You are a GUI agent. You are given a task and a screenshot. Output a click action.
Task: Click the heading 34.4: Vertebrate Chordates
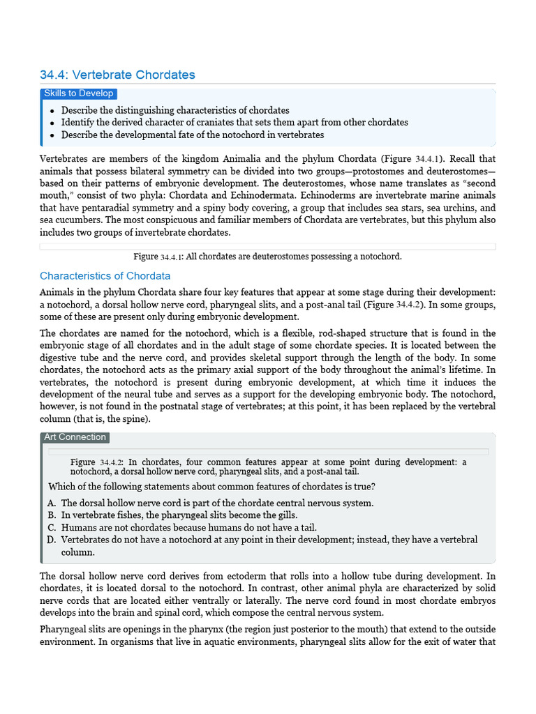coord(117,75)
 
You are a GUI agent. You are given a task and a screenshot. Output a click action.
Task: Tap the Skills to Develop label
coord(78,93)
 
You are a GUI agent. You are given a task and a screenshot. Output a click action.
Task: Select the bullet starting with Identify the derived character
coord(234,122)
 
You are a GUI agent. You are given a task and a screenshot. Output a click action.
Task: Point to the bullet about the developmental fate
coord(193,135)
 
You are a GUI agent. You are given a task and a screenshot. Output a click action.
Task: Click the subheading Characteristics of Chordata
coord(105,275)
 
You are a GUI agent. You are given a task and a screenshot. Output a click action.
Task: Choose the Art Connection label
coord(75,437)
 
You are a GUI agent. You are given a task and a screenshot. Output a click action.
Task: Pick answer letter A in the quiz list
coord(52,503)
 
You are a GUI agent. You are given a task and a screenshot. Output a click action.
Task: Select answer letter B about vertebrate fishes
coord(52,515)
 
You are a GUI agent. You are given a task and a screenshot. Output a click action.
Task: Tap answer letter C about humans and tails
coord(52,527)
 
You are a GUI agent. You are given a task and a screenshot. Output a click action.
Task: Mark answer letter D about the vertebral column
coord(52,540)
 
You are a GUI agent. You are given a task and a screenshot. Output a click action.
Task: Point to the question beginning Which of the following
coord(211,486)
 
